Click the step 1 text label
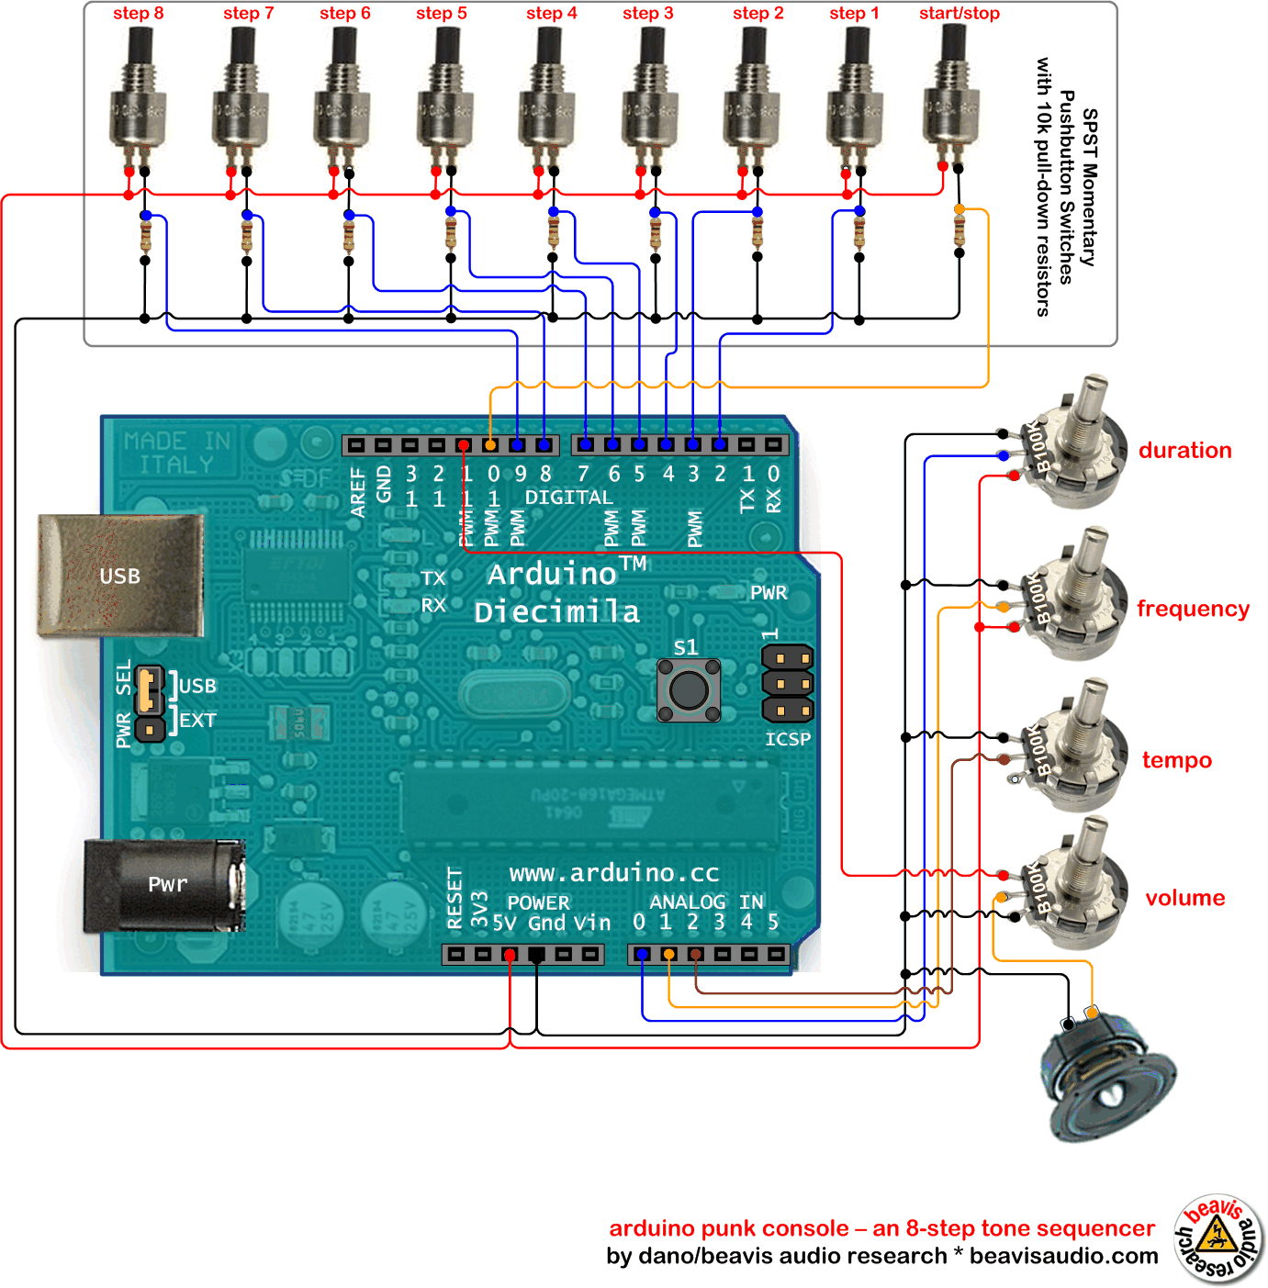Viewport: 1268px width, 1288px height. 854,14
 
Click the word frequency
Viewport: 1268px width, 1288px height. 1193,609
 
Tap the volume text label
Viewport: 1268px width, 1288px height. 1184,898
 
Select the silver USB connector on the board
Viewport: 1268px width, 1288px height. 119,576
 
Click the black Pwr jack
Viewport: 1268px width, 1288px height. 165,885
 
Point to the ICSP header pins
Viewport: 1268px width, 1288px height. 787,683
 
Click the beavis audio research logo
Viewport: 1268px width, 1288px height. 1218,1238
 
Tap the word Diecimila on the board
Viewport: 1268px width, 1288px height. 556,612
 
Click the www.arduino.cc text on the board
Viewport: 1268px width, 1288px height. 613,873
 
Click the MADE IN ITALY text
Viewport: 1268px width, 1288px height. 177,453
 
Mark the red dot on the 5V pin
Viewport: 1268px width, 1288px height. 510,956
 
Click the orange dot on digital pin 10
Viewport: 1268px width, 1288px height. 490,445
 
